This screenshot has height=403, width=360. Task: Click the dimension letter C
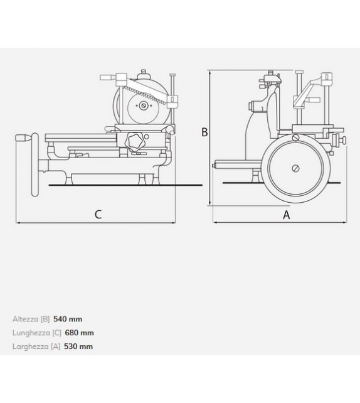(98, 215)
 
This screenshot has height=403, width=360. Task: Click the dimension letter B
(204, 132)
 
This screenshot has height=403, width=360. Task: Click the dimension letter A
(287, 215)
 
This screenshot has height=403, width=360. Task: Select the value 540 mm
(68, 319)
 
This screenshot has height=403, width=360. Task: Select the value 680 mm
(80, 333)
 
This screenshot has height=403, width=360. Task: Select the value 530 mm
(78, 347)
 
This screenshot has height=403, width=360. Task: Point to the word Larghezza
(29, 347)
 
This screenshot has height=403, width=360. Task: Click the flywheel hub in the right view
(295, 168)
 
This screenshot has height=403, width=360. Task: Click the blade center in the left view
(144, 105)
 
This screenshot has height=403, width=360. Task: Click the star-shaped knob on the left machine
(135, 141)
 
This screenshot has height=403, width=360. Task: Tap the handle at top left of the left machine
(108, 77)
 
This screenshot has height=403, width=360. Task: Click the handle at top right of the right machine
(327, 78)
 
